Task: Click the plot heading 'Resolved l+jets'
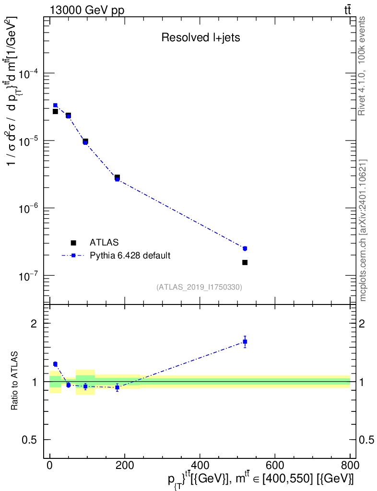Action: click(200, 38)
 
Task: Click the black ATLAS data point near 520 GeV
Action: click(245, 262)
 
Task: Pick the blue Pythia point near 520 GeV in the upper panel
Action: click(245, 248)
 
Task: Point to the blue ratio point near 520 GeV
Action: click(245, 342)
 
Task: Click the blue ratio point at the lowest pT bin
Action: click(55, 364)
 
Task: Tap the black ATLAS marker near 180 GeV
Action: click(117, 177)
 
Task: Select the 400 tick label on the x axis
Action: click(200, 466)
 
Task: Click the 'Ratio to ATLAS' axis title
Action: click(15, 382)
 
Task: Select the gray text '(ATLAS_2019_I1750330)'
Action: click(199, 287)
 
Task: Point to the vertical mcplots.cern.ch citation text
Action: click(363, 230)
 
